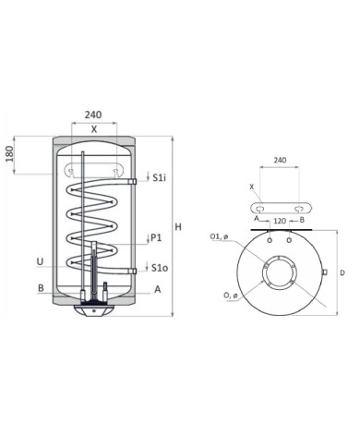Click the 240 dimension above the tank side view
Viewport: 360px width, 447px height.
pyautogui.click(x=92, y=115)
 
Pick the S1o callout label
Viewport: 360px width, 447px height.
pyautogui.click(x=159, y=269)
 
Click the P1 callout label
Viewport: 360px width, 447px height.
pyautogui.click(x=156, y=238)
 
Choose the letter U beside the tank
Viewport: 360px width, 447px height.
pyautogui.click(x=39, y=261)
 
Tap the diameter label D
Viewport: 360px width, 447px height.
pyautogui.click(x=341, y=273)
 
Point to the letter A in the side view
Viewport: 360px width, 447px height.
pyautogui.click(x=157, y=289)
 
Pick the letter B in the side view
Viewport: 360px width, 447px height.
pyautogui.click(x=41, y=288)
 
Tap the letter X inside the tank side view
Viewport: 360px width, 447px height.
pyautogui.click(x=93, y=130)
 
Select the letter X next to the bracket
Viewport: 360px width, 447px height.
pyautogui.click(x=252, y=186)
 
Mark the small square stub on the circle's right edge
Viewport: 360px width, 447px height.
pyautogui.click(x=325, y=272)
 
